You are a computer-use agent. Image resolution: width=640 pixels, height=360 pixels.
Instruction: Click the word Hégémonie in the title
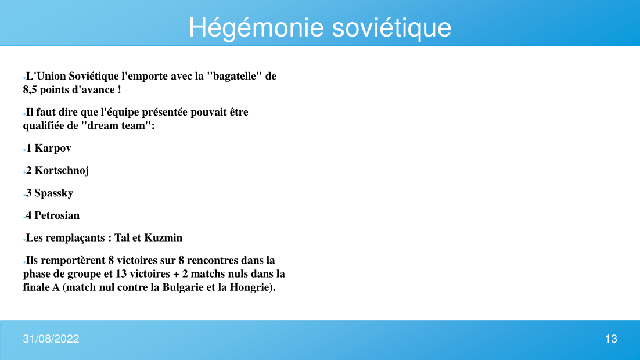tap(256, 28)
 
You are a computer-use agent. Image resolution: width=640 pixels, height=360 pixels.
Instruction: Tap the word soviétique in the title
tap(391, 28)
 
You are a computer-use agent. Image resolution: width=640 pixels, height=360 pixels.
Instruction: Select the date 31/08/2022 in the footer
tap(51, 339)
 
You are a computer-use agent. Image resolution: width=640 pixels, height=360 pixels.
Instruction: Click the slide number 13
tap(611, 339)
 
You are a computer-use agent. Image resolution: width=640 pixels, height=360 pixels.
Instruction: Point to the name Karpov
tap(53, 148)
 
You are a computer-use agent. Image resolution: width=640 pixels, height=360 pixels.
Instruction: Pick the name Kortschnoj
tap(62, 171)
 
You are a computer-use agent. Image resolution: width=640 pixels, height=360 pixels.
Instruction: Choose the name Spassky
tap(54, 193)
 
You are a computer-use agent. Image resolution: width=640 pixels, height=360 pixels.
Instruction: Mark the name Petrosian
tap(57, 215)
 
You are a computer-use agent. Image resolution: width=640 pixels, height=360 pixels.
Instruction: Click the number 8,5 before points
tap(30, 90)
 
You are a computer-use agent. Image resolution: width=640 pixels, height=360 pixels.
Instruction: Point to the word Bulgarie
tap(183, 287)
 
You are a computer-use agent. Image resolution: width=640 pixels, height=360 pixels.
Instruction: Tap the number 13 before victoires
tap(121, 273)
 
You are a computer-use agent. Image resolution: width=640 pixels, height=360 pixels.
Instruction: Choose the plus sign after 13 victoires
tap(176, 274)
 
